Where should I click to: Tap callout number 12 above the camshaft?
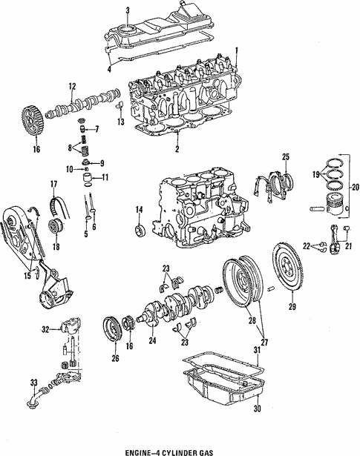(x=72, y=86)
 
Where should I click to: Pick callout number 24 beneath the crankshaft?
(x=153, y=342)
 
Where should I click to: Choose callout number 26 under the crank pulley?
(x=114, y=358)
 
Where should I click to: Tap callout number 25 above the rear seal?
(x=285, y=156)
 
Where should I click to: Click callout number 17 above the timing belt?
(x=53, y=184)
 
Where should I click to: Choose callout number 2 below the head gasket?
(x=177, y=150)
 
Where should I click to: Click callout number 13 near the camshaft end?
(x=120, y=122)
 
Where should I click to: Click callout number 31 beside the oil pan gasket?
(x=258, y=350)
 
